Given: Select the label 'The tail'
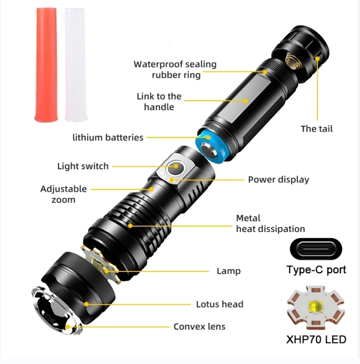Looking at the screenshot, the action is point(317,128).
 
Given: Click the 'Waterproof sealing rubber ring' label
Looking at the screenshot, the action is point(175,69).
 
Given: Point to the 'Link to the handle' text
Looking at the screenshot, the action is point(159,102).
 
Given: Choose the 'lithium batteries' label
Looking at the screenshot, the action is point(108,138).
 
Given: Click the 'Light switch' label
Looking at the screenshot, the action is point(83,166).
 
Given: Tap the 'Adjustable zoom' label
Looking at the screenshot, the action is point(63,194).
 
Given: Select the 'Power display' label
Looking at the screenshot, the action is point(278,180).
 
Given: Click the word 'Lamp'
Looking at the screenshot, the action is point(229,271).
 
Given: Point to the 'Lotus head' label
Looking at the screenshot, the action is point(220,304).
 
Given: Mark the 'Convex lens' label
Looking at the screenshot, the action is point(199,327).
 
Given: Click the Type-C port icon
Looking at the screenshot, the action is point(315,250).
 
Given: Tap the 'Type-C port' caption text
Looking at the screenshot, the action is point(316,270).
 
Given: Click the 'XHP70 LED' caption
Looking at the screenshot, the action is point(316,339).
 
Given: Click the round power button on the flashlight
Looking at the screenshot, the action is point(177,166).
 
